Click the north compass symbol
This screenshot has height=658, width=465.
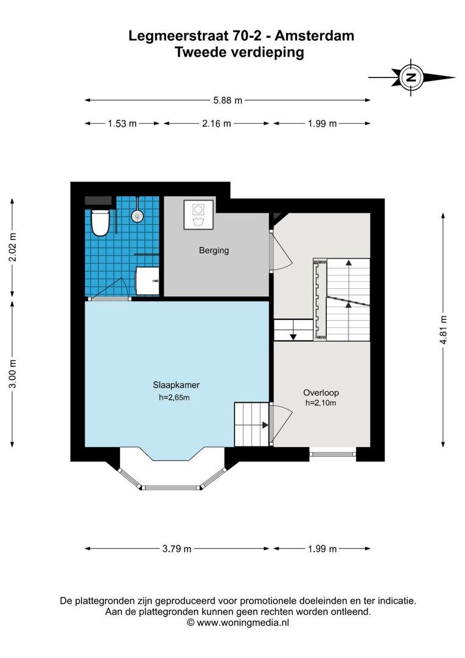pos(412,77)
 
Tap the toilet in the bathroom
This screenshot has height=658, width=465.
pos(99,222)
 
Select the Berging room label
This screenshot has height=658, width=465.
pos(214,250)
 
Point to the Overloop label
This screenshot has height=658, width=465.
pos(321,392)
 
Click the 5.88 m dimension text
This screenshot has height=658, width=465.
pos(228,100)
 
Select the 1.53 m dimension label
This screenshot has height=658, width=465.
pos(122,124)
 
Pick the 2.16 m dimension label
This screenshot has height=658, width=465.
pos(216,124)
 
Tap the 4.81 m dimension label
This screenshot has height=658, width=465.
pos(444,330)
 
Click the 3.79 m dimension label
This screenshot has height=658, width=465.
pos(177,549)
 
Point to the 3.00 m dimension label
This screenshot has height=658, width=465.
pos(13,373)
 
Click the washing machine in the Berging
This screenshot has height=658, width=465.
pos(198,213)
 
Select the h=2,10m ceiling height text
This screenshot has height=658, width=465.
pos(321,403)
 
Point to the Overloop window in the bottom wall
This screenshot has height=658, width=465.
pos(333,454)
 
